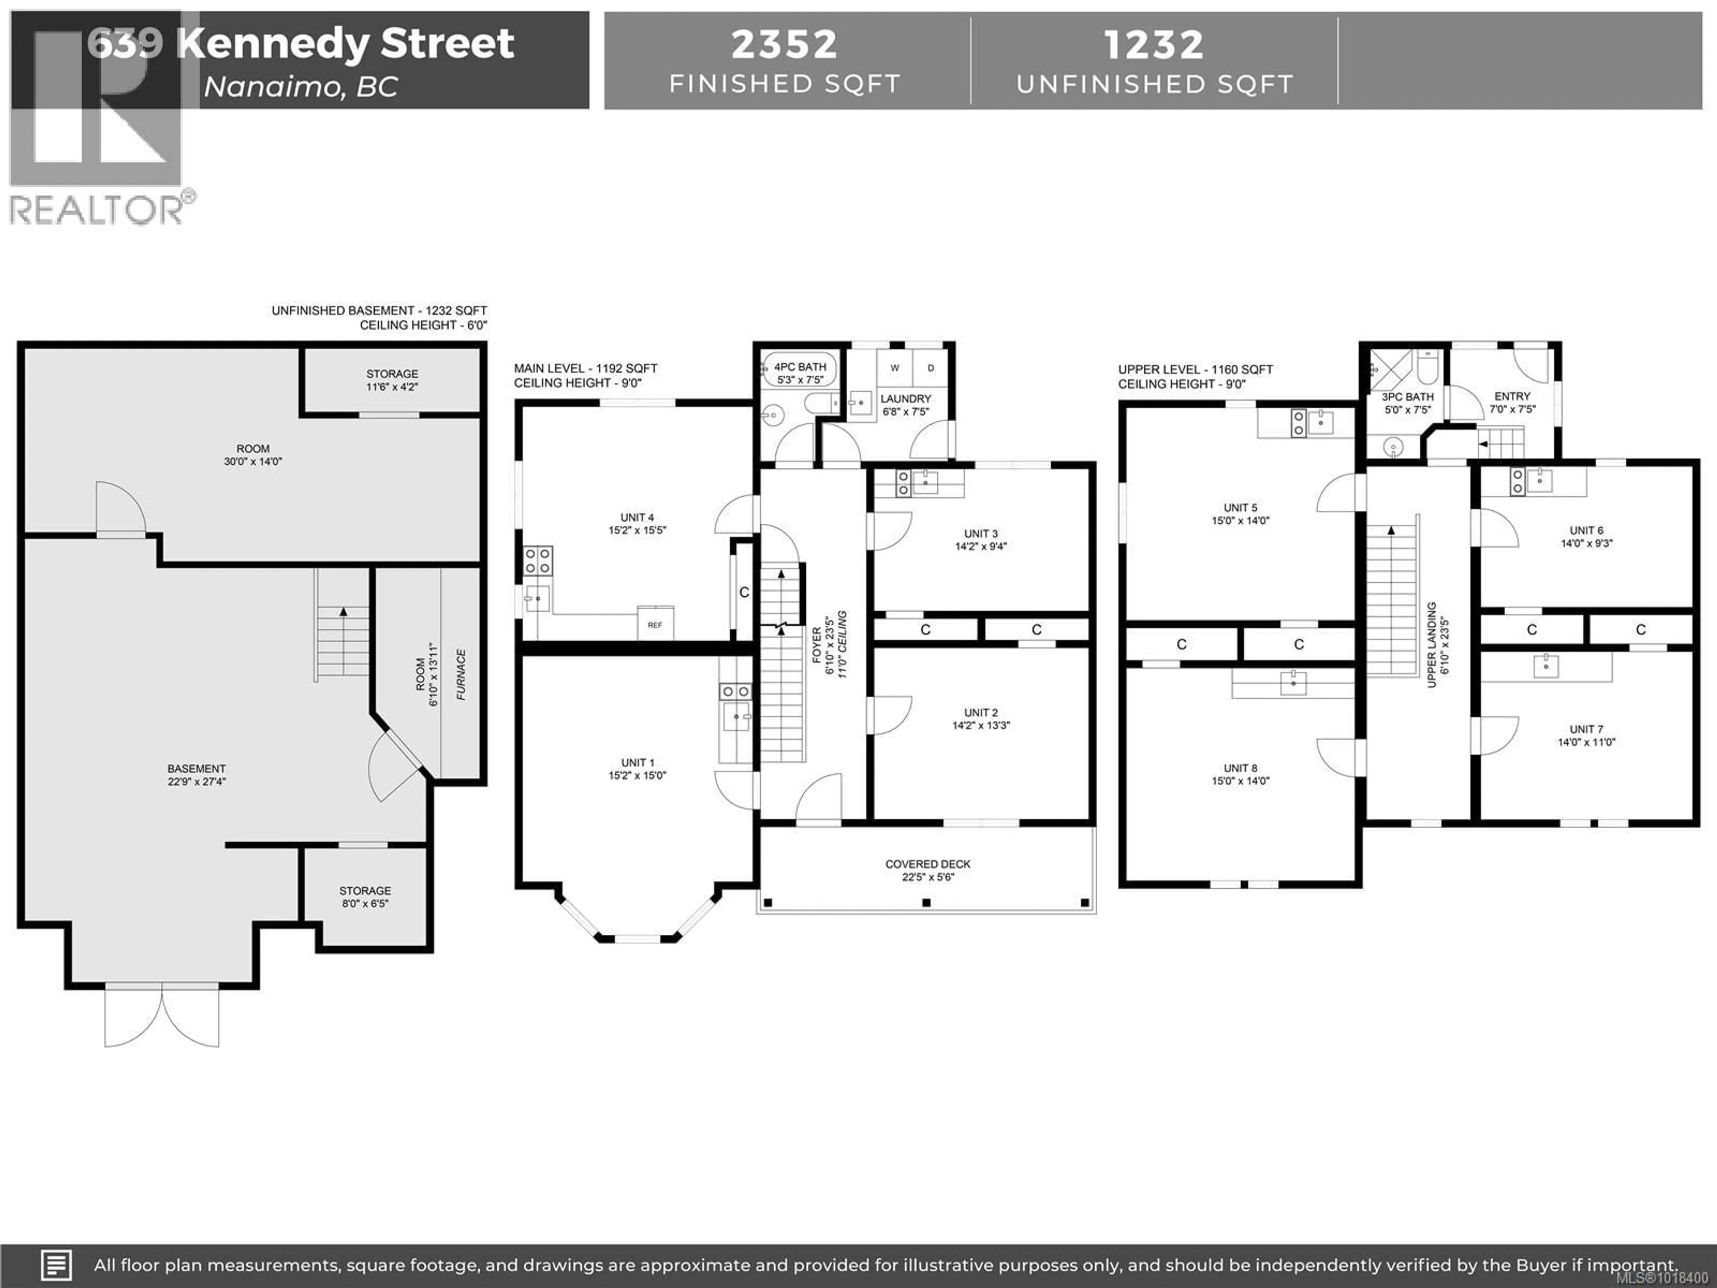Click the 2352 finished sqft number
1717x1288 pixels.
(784, 44)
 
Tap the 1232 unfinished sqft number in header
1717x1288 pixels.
(1154, 44)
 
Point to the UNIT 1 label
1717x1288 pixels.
(637, 763)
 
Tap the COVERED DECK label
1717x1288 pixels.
(928, 864)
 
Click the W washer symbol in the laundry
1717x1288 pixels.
(894, 368)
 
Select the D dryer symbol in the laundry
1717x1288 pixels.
(930, 368)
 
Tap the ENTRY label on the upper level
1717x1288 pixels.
(1512, 396)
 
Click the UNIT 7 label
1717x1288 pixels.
(1586, 729)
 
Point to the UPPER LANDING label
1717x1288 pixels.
(1432, 644)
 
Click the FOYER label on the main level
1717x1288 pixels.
(816, 644)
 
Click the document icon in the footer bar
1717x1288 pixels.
(56, 1266)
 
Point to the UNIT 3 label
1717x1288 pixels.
(981, 534)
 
